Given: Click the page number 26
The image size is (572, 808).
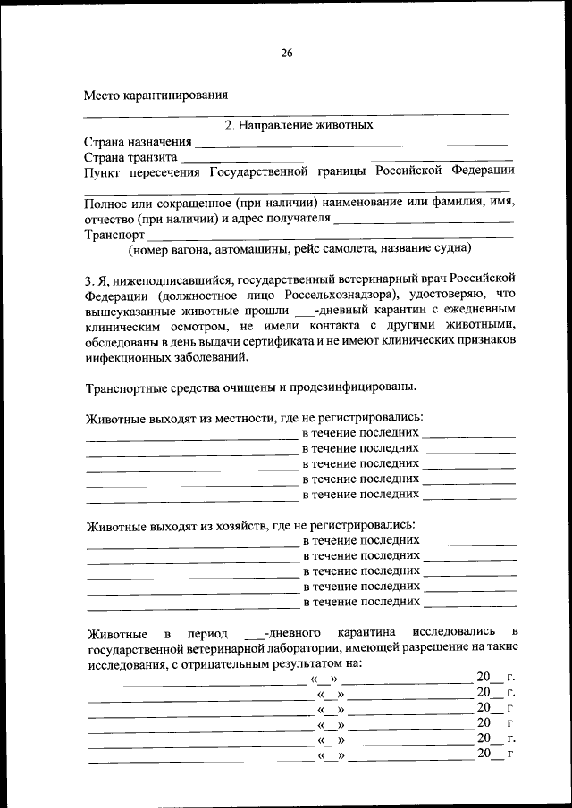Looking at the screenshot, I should tap(286, 53).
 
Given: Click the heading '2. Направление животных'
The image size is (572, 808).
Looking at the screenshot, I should tap(299, 125).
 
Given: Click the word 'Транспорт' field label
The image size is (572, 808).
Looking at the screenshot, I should tap(114, 234).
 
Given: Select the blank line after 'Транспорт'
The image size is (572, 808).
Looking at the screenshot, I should tap(330, 237).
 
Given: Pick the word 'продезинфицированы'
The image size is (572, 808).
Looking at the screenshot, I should tap(354, 387).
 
